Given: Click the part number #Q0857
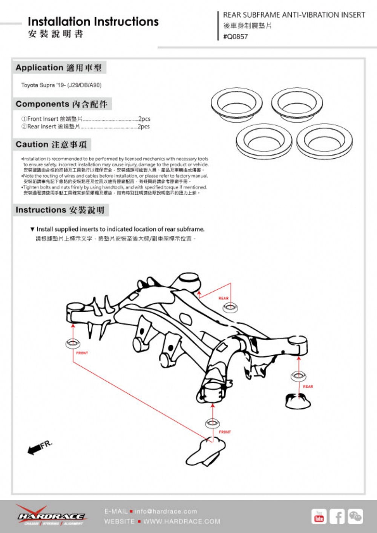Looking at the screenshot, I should [x=236, y=37].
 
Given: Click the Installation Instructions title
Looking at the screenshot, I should [x=93, y=21].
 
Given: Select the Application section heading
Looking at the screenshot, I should [x=59, y=68].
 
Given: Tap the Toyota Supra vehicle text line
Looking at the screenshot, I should [x=61, y=85].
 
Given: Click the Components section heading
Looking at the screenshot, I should [x=62, y=104].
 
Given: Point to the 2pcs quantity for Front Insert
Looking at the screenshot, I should [x=144, y=119].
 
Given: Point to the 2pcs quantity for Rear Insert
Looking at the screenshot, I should [x=144, y=127].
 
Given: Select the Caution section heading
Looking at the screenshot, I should [x=51, y=145].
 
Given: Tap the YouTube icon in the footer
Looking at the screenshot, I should [x=319, y=516].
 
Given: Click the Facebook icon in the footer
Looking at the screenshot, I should [x=337, y=516].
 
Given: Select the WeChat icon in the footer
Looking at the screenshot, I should [x=355, y=516].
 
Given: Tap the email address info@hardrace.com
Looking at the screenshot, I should [x=166, y=512].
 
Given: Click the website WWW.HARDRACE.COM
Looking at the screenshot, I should [x=182, y=522].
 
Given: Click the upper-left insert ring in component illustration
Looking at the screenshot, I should [x=236, y=104].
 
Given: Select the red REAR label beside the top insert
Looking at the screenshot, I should [x=224, y=298].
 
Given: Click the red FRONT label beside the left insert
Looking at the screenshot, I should [x=82, y=353].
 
